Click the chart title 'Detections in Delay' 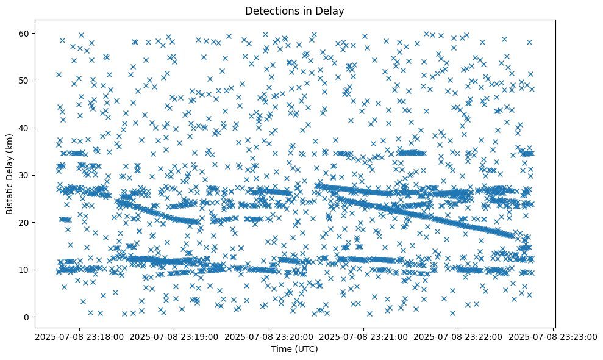(x=294, y=10)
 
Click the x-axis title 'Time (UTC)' (x=294, y=350)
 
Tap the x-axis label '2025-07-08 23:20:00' (x=268, y=336)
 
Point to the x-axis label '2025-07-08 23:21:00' (x=363, y=336)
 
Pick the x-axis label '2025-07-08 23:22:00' (x=459, y=336)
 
